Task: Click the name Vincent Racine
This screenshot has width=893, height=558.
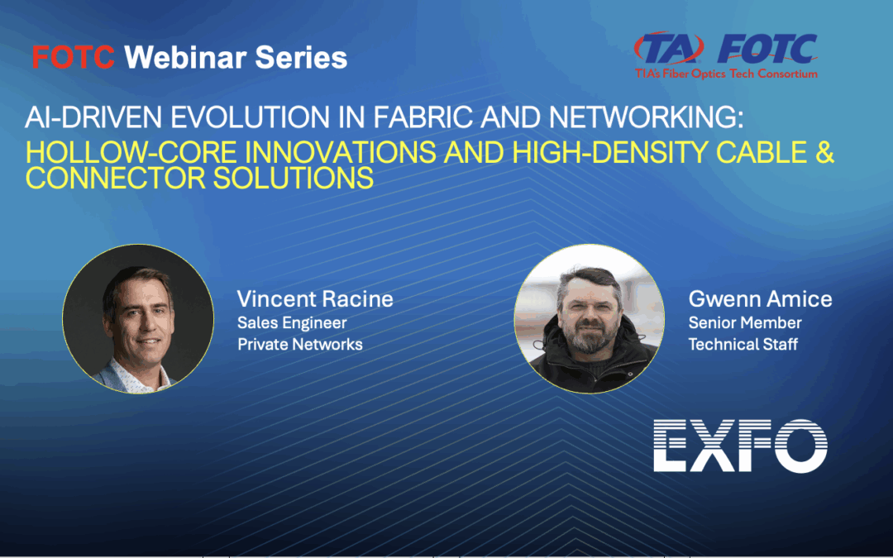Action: pos(315,298)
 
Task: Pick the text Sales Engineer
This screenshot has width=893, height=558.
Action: pos(292,322)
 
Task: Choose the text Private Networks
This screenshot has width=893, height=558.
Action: pos(299,344)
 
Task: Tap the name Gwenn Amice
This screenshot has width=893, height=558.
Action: pos(760,298)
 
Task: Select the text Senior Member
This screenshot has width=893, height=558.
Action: pos(744,322)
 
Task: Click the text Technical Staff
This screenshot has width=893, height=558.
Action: pos(743,344)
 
